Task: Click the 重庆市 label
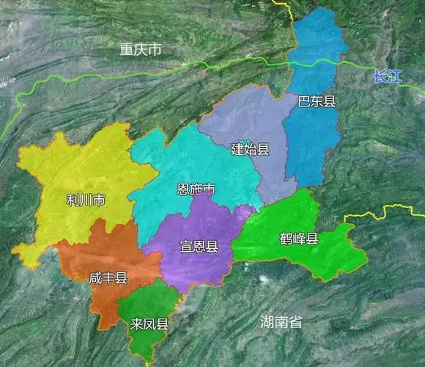pos(141,50)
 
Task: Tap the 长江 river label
pos(388,76)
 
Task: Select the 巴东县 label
pos(317,102)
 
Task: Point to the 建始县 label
pos(250,149)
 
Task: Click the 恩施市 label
pos(196,189)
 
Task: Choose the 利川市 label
pos(85,200)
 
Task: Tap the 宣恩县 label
pos(199,247)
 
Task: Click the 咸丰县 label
pos(108,277)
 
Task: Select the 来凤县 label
pos(149,324)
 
